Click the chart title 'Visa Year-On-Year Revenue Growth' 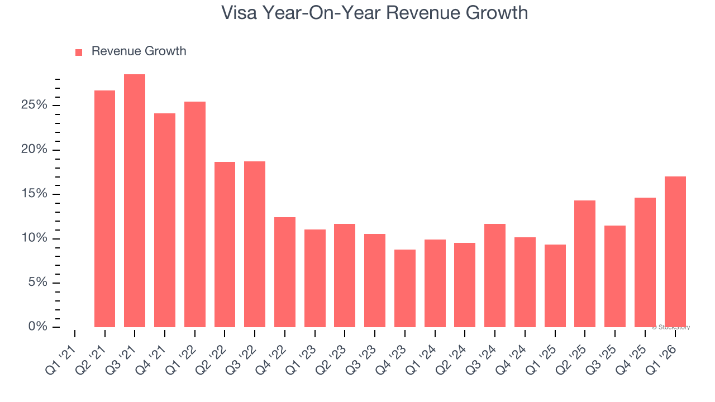point(374,13)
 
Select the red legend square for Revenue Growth point(79,52)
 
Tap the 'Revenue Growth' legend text point(139,51)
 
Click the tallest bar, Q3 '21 point(135,201)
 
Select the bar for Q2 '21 point(104,209)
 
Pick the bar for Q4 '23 point(404,288)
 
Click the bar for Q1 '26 point(675,252)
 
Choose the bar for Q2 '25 point(585,264)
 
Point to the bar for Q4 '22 point(285,272)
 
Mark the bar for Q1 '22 point(195,214)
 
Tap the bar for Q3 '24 point(495,275)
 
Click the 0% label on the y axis point(38,327)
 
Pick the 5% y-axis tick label point(38,283)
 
